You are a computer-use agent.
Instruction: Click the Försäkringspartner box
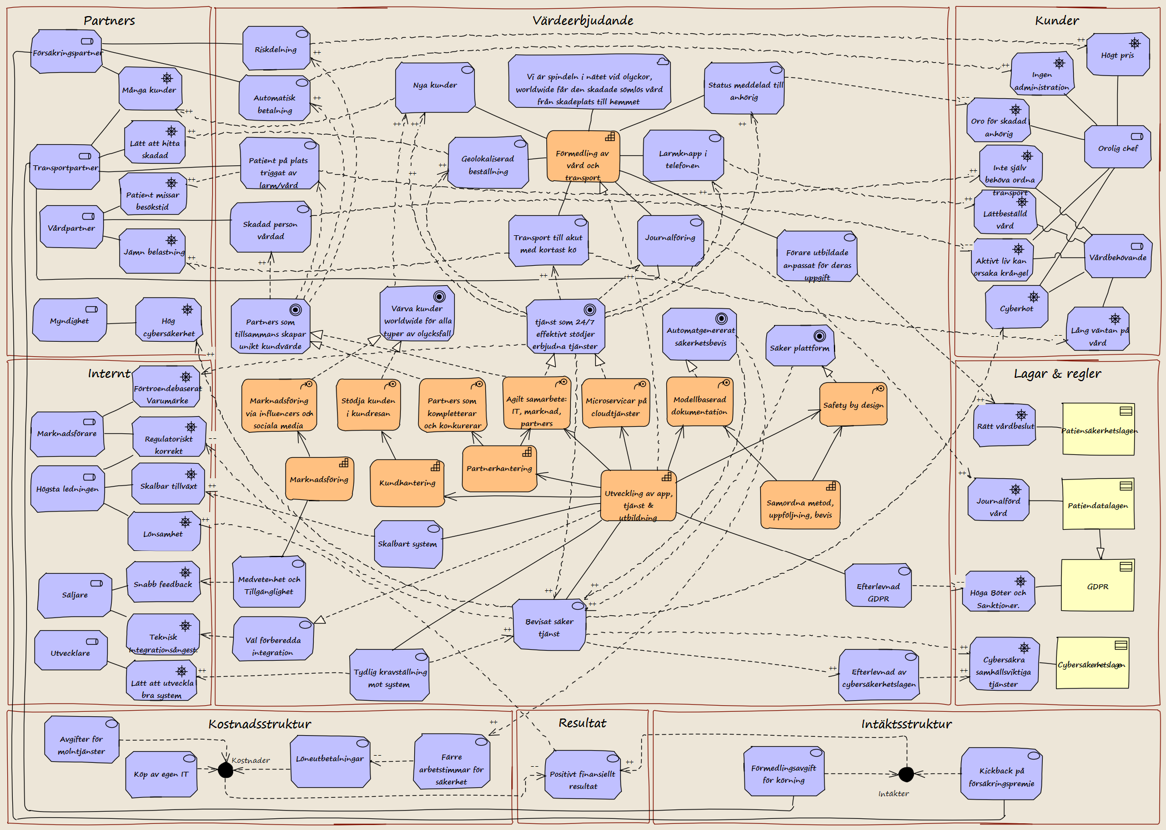pos(67,52)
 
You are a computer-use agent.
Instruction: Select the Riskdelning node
pos(276,48)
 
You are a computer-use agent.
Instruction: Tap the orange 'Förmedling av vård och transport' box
pos(583,156)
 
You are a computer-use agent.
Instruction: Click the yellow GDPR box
pos(1097,585)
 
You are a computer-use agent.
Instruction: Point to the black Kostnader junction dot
pos(225,770)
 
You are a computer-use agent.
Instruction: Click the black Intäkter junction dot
pos(906,774)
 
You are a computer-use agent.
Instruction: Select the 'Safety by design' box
pos(853,404)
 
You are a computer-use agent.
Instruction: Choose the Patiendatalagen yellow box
pos(1098,504)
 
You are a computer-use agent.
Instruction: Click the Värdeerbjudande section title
pos(582,21)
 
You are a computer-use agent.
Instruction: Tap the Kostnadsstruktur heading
pos(260,724)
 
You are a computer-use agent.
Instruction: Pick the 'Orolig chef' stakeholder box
pos(1118,147)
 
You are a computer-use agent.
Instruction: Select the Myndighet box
pos(69,320)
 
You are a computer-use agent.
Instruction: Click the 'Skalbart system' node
pos(408,544)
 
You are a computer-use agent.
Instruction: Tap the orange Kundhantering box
pos(408,483)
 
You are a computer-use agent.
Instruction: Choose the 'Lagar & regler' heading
pos(1057,374)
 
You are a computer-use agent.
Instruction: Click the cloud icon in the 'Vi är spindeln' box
pos(662,61)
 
